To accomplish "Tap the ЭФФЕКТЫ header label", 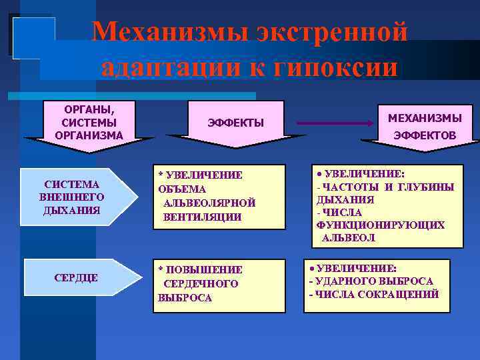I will [x=236, y=123].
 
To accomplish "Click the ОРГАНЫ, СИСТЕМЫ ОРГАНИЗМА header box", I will [x=89, y=121].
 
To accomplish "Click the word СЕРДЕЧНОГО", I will [x=201, y=284].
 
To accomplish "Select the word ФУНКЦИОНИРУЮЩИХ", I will [x=380, y=225].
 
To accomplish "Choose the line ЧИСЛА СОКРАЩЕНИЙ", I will [x=376, y=294].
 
